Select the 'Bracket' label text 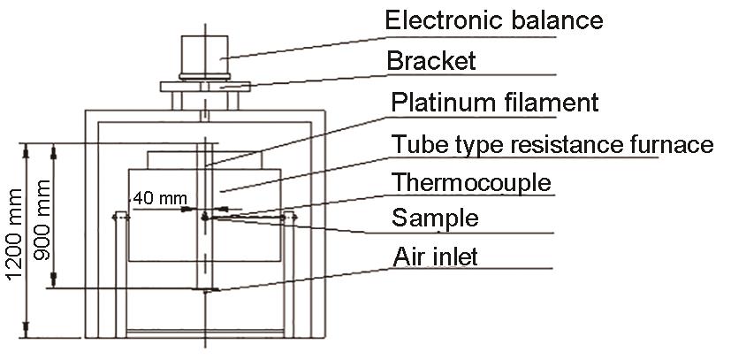pos(430,61)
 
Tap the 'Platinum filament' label pos(495,103)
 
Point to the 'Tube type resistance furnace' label pos(552,144)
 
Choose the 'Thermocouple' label pos(471,183)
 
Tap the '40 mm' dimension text pos(156,199)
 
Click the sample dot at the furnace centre pos(205,215)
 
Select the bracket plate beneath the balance pos(204,87)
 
